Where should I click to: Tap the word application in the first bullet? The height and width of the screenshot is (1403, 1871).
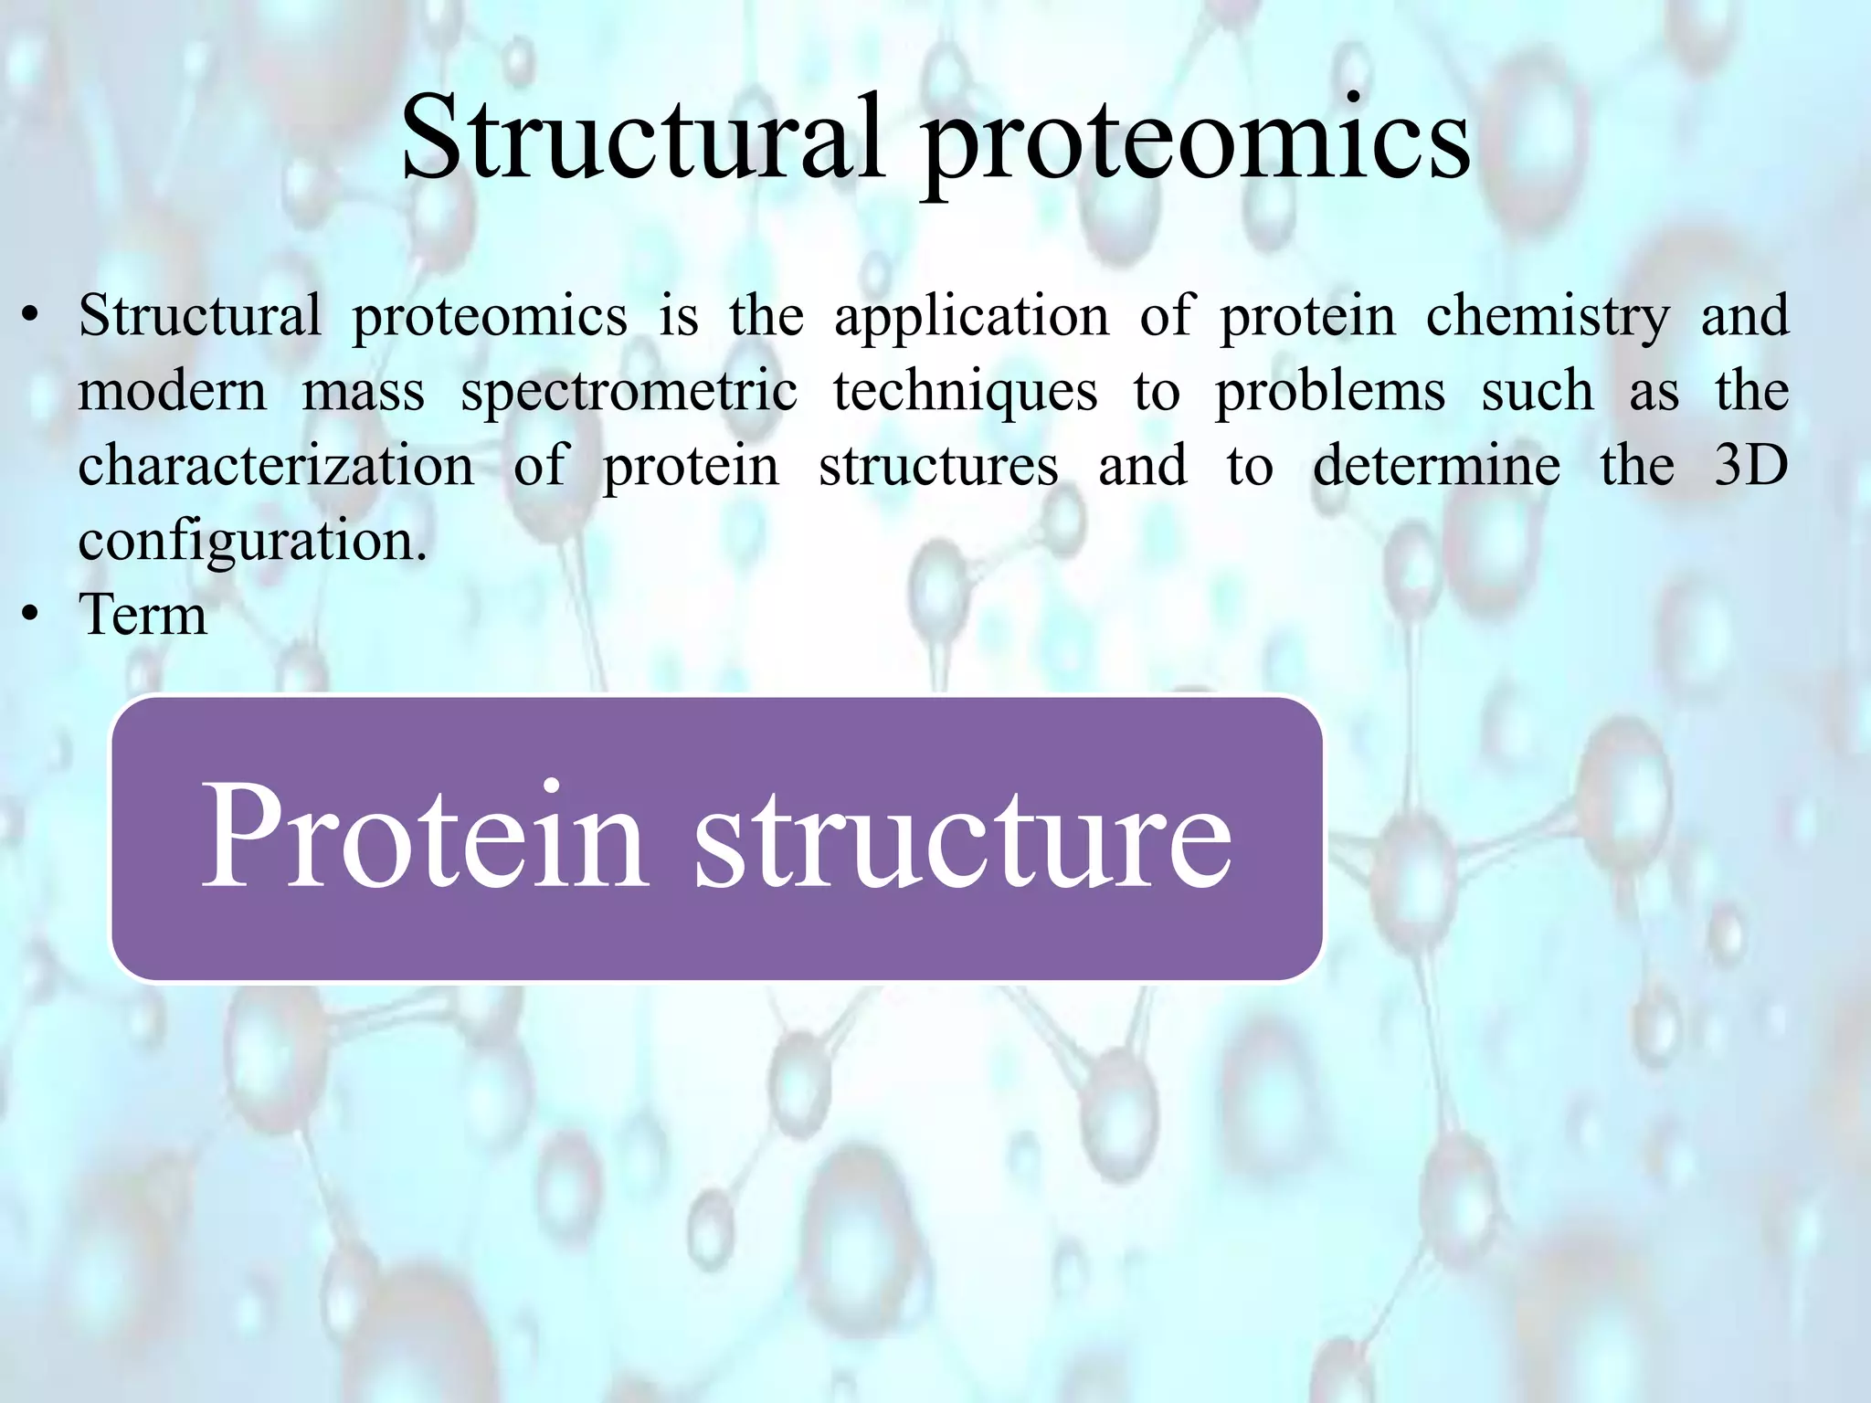[971, 318]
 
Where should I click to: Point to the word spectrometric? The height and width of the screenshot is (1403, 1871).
[628, 394]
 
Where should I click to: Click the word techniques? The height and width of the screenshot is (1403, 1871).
[965, 394]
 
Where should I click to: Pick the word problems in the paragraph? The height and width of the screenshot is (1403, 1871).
[1330, 394]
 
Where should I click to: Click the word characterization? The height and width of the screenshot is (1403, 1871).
[276, 466]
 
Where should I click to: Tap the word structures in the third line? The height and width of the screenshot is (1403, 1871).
[938, 466]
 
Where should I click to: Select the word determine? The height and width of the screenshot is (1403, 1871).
[1436, 466]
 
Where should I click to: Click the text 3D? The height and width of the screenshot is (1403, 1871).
[1750, 466]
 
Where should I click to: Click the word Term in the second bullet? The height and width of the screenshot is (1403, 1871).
[143, 615]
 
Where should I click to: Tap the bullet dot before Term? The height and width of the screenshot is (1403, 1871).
[31, 615]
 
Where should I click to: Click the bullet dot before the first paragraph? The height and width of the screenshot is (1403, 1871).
[31, 318]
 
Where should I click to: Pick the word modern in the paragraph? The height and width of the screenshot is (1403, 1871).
[172, 394]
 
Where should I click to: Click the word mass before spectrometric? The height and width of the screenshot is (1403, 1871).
[363, 394]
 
